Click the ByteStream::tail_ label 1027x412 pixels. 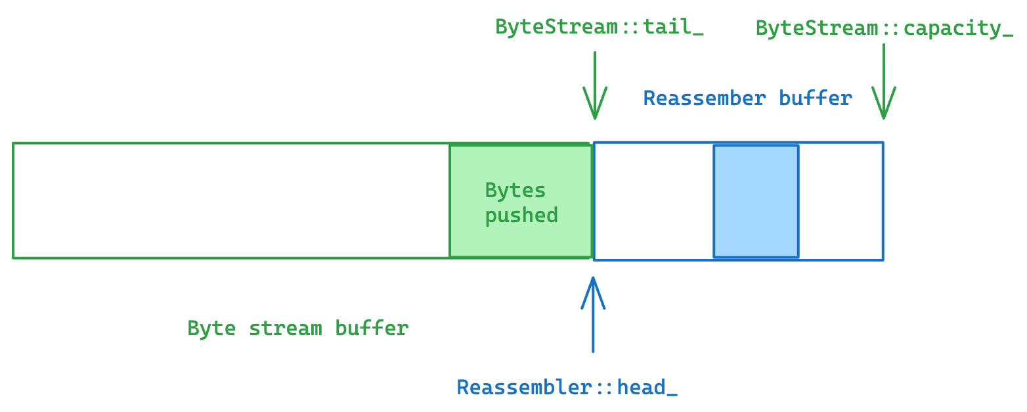coord(599,28)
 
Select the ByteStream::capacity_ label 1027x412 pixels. coord(884,29)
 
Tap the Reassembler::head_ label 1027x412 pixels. coord(567,387)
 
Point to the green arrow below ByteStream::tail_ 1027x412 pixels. coord(595,85)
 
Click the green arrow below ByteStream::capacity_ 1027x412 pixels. coord(884,82)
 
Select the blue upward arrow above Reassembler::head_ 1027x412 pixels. coord(593,315)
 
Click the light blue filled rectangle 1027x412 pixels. coord(756,201)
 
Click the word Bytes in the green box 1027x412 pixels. coord(515,191)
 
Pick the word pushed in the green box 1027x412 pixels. coord(521,215)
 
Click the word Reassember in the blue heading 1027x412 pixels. coord(704,99)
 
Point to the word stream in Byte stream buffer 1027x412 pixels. coord(285,328)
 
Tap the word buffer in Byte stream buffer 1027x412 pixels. coord(372,328)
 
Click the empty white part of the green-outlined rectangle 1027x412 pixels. coord(230,201)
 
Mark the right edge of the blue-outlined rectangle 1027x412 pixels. coord(883,201)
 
